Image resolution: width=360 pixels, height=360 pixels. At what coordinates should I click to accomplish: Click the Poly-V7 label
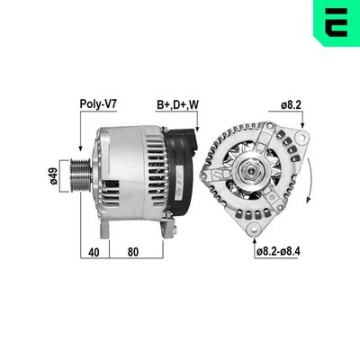[x=96, y=104]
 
